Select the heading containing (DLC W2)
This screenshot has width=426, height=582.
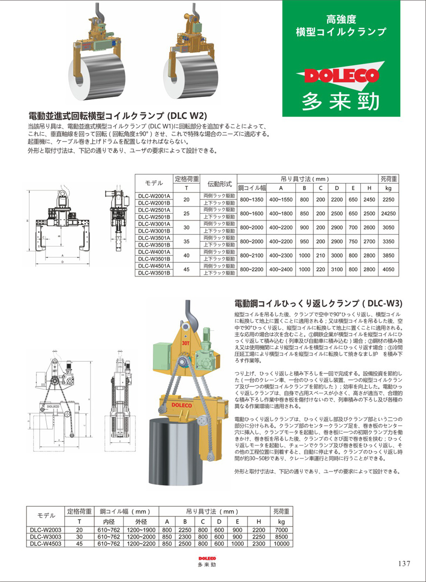tap(118, 115)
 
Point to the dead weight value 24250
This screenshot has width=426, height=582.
tap(388, 214)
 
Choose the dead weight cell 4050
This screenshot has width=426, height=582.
tap(388, 269)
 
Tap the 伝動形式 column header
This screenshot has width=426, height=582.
tap(220, 183)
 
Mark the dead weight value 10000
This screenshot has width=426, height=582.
tap(281, 544)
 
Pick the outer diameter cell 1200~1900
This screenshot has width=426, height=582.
tap(142, 529)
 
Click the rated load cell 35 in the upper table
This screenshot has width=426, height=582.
tap(186, 242)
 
